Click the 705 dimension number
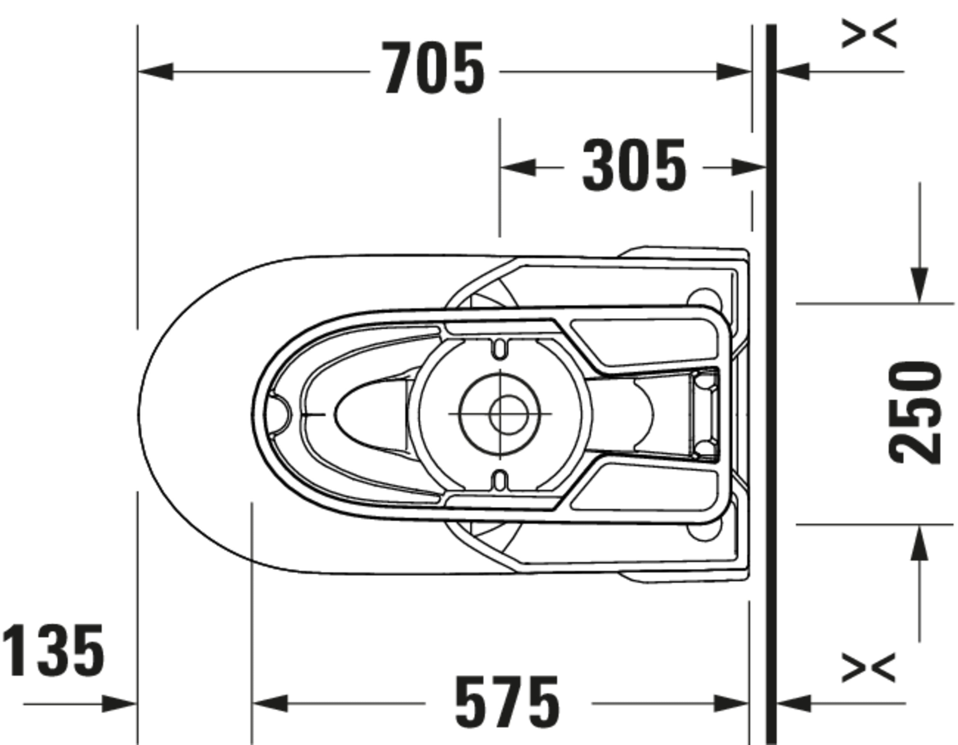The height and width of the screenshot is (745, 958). [433, 68]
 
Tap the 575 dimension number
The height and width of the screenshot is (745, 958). [507, 702]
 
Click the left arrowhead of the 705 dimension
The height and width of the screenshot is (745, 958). [156, 72]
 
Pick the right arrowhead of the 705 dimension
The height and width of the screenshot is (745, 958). [734, 72]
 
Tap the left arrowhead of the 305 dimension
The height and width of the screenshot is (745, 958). [518, 167]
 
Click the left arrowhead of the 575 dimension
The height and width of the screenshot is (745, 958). [270, 704]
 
